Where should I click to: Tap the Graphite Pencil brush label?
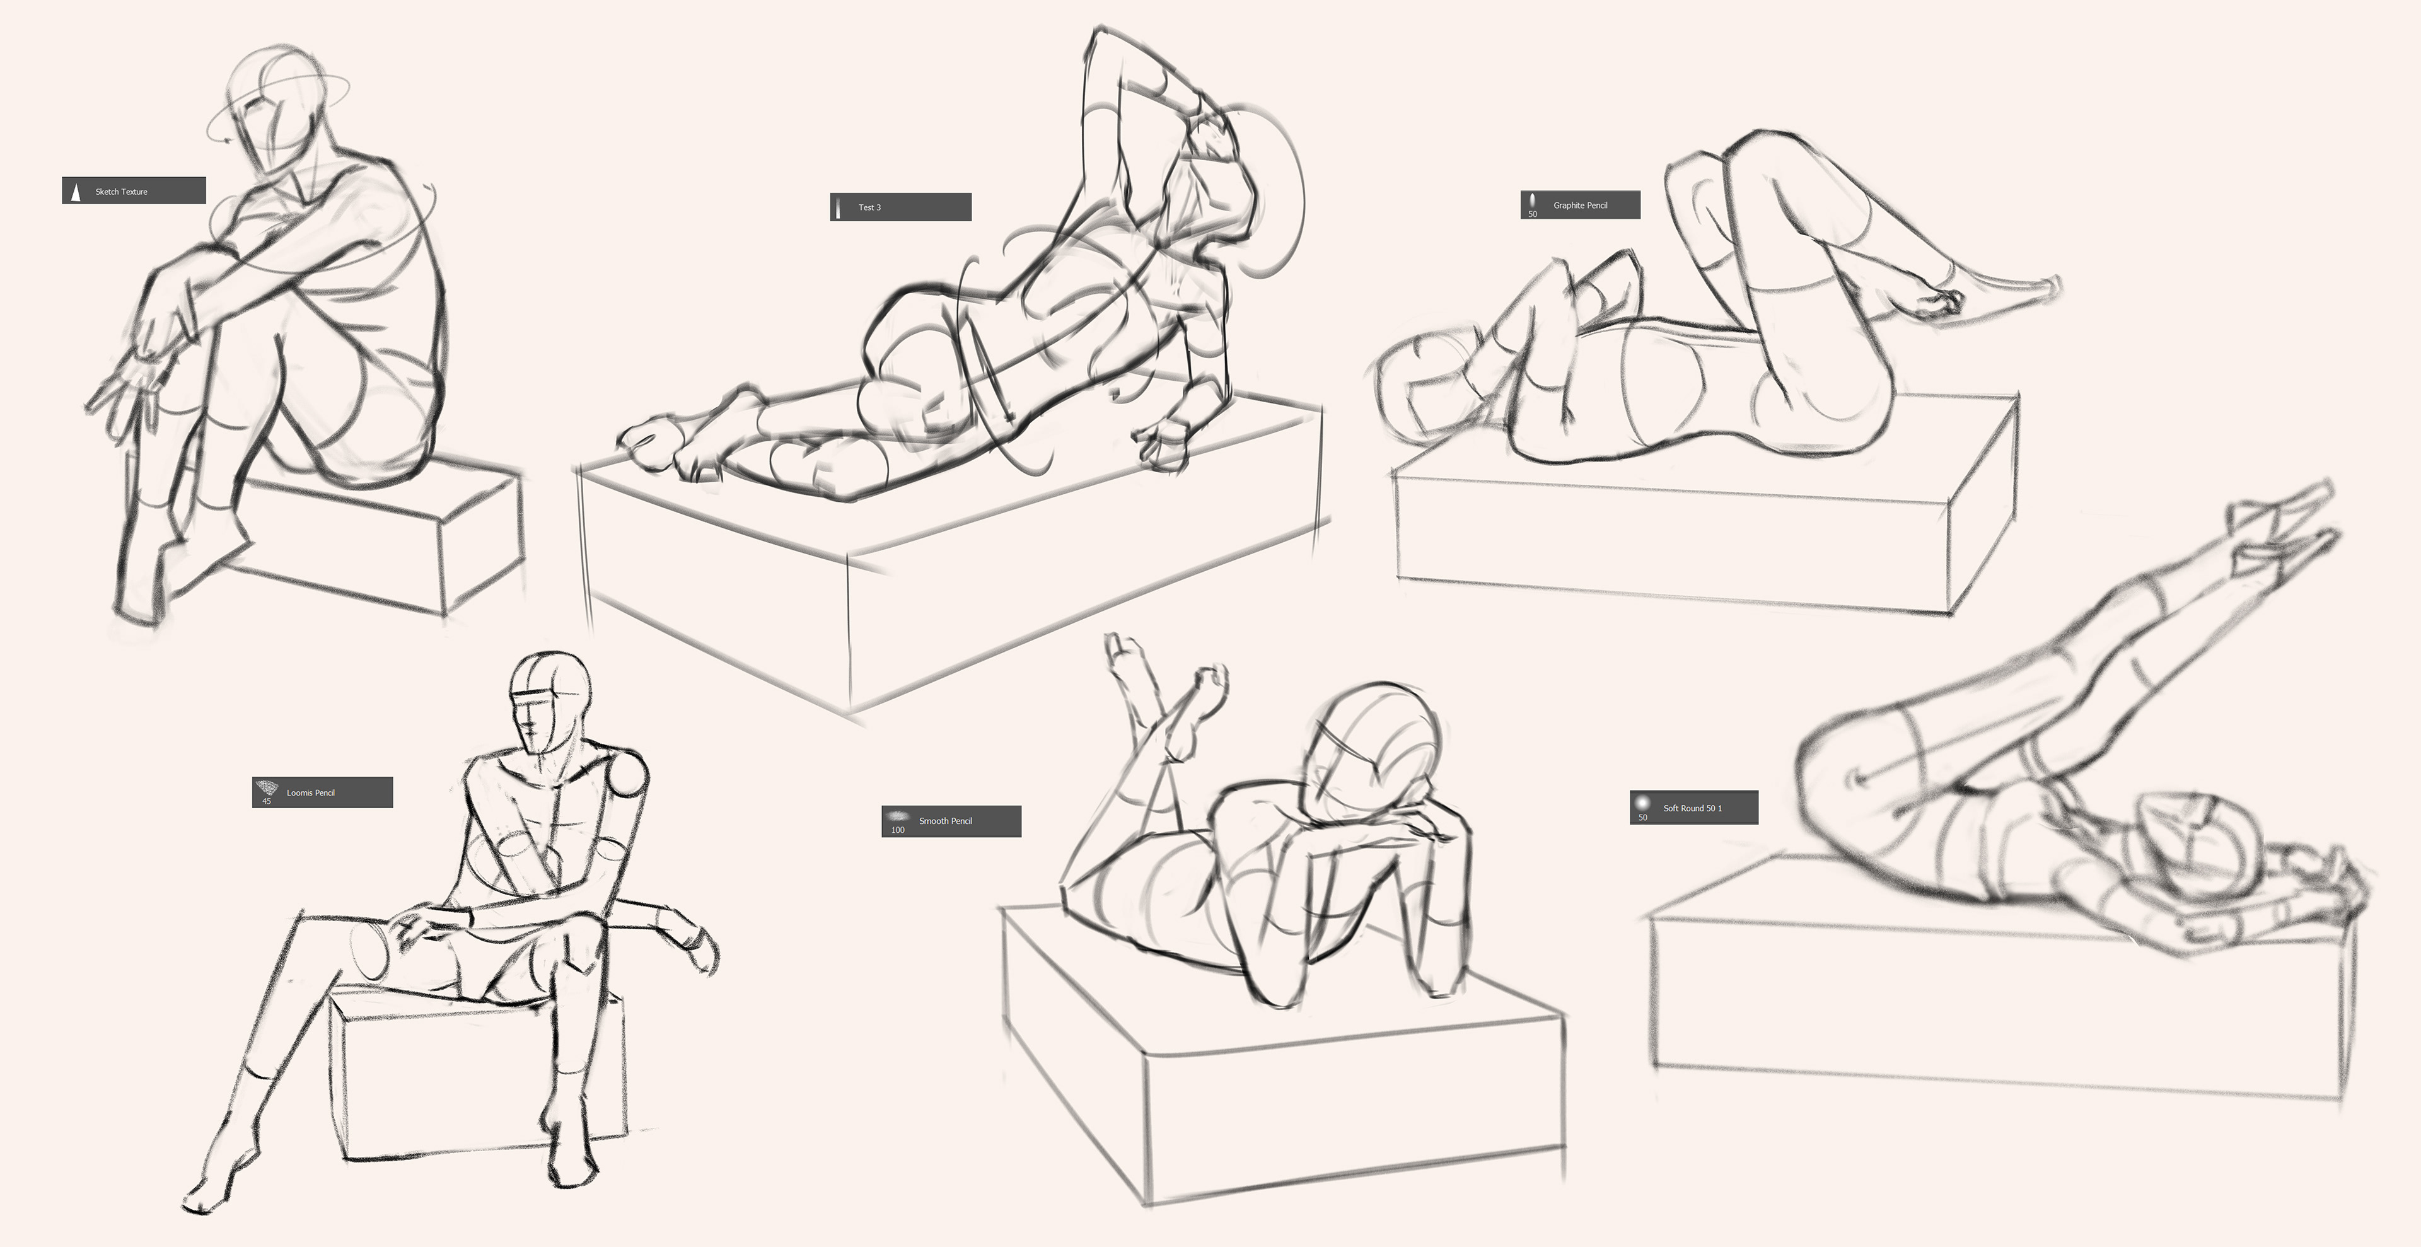pyautogui.click(x=1580, y=205)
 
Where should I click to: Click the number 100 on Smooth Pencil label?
pyautogui.click(x=898, y=830)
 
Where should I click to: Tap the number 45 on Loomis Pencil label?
pyautogui.click(x=267, y=801)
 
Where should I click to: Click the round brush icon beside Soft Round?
pyautogui.click(x=1643, y=803)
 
